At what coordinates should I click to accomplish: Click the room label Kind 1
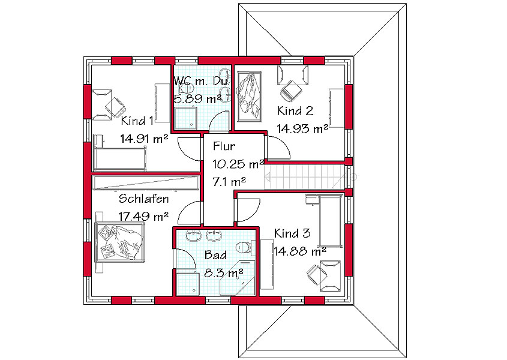137,121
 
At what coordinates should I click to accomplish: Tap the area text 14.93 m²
302,129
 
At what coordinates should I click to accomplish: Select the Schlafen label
143,199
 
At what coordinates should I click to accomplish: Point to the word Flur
224,146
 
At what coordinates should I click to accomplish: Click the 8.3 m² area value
223,273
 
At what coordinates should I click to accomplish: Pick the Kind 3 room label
292,233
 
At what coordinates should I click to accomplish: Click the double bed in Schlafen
119,242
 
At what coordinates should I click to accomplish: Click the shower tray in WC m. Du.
185,118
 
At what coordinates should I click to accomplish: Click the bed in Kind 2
249,97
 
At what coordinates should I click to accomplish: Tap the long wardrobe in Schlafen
145,183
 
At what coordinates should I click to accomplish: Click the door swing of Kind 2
277,148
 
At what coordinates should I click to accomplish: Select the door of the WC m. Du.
220,121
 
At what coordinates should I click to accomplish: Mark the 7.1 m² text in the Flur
229,182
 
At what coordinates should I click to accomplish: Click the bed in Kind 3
330,221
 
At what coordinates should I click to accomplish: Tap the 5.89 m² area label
198,98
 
